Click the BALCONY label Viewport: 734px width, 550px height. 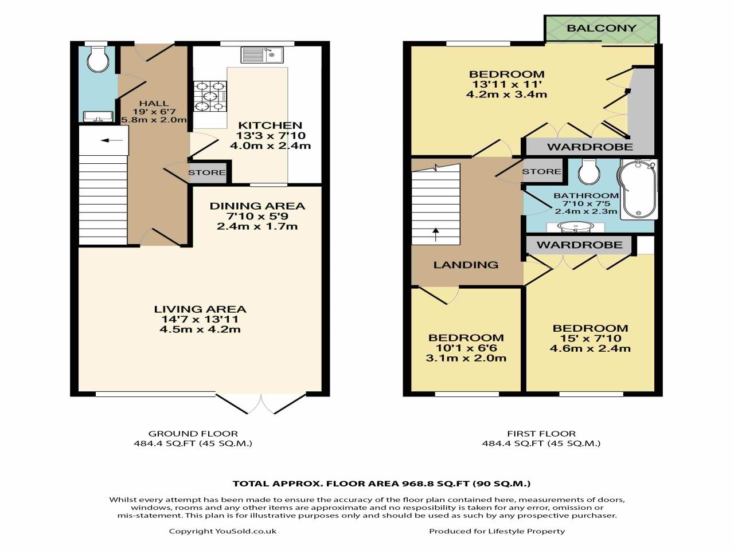click(x=601, y=28)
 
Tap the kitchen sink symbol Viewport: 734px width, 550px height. click(x=261, y=56)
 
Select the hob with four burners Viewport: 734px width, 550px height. click(x=209, y=96)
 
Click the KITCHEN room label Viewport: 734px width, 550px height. click(x=270, y=125)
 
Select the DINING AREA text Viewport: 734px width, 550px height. click(x=257, y=206)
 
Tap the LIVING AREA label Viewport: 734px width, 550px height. click(x=200, y=309)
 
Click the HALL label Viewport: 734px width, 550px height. click(x=154, y=104)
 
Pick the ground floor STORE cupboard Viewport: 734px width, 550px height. click(x=207, y=172)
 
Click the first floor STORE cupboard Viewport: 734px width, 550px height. click(x=541, y=172)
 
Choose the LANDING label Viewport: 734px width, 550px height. click(x=466, y=265)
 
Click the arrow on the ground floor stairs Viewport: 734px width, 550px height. click(x=115, y=140)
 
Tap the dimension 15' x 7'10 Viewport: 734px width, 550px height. click(x=590, y=338)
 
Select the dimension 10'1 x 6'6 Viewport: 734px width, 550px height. click(x=466, y=348)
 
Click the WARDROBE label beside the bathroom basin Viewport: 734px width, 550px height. click(x=579, y=245)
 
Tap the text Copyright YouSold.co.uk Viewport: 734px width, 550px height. click(x=222, y=531)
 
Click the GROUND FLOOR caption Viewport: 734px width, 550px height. click(x=193, y=434)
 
